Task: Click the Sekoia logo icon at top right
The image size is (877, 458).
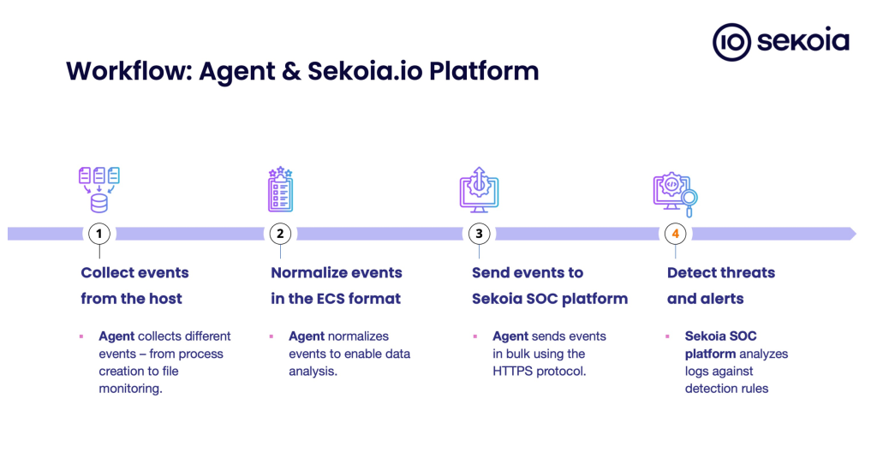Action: pyautogui.click(x=731, y=42)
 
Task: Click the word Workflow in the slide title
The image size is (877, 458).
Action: pyautogui.click(x=128, y=70)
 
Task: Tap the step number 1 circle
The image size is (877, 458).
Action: pyautogui.click(x=99, y=234)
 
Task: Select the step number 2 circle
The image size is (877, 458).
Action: pyautogui.click(x=280, y=234)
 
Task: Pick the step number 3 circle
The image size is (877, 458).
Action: pyautogui.click(x=479, y=234)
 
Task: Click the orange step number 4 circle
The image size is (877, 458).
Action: pyautogui.click(x=675, y=234)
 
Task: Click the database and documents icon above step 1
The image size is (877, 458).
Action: pyautogui.click(x=99, y=189)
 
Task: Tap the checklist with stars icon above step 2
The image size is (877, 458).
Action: pyautogui.click(x=280, y=189)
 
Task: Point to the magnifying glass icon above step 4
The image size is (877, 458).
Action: pyautogui.click(x=689, y=199)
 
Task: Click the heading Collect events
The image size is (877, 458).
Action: pyautogui.click(x=134, y=273)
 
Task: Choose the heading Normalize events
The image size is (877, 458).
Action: pyautogui.click(x=336, y=273)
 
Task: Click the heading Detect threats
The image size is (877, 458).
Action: pyautogui.click(x=720, y=273)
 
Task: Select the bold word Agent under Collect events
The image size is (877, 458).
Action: pyautogui.click(x=116, y=336)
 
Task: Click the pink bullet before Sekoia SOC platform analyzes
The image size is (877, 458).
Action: pyautogui.click(x=667, y=336)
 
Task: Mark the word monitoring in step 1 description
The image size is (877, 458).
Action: pyautogui.click(x=129, y=389)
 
